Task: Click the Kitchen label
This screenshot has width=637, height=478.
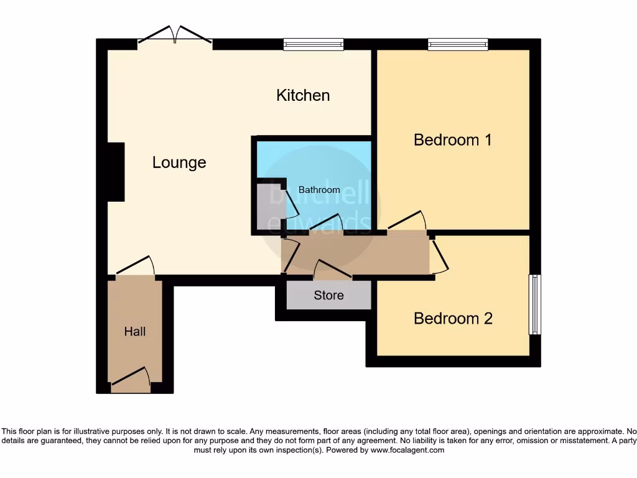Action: pyautogui.click(x=303, y=95)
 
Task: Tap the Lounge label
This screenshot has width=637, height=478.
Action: pyautogui.click(x=179, y=162)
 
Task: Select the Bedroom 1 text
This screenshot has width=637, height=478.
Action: pyautogui.click(x=453, y=139)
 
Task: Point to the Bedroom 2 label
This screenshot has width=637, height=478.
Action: pyautogui.click(x=453, y=318)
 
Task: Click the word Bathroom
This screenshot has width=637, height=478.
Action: pyautogui.click(x=319, y=190)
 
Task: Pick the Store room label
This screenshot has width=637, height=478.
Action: pyautogui.click(x=328, y=295)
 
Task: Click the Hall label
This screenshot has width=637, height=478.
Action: pyautogui.click(x=135, y=331)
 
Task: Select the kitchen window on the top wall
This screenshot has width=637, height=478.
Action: pyautogui.click(x=314, y=44)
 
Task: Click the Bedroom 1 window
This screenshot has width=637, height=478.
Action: pyautogui.click(x=458, y=44)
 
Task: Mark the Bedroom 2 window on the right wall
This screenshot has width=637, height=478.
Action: pyautogui.click(x=534, y=305)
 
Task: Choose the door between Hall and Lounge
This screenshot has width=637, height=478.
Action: pyautogui.click(x=135, y=266)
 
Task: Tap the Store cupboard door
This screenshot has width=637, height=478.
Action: pyautogui.click(x=333, y=269)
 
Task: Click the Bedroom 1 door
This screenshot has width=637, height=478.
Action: pyautogui.click(x=406, y=222)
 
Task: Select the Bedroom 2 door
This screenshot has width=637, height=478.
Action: pyautogui.click(x=439, y=253)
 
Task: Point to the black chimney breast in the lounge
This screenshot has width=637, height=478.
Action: pyautogui.click(x=116, y=172)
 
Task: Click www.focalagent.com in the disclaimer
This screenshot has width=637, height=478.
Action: pyautogui.click(x=407, y=450)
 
